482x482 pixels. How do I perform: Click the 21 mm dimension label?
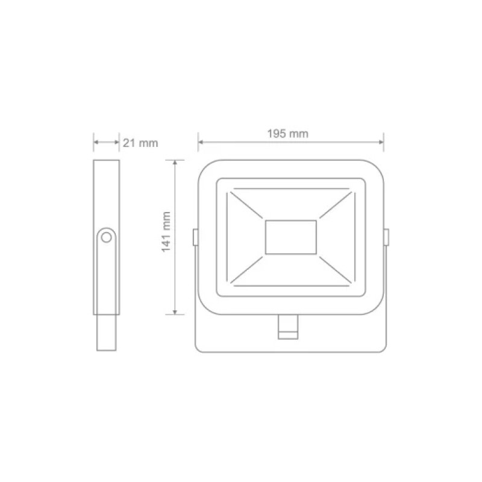[140, 143]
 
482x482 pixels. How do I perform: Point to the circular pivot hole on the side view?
[107, 237]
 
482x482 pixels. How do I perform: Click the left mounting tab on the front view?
[195, 237]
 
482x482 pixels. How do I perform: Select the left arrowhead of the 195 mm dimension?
[201, 143]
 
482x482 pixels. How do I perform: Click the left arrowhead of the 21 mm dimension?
[96, 143]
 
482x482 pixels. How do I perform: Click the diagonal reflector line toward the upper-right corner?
[335, 205]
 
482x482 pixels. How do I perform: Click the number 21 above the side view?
[128, 143]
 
